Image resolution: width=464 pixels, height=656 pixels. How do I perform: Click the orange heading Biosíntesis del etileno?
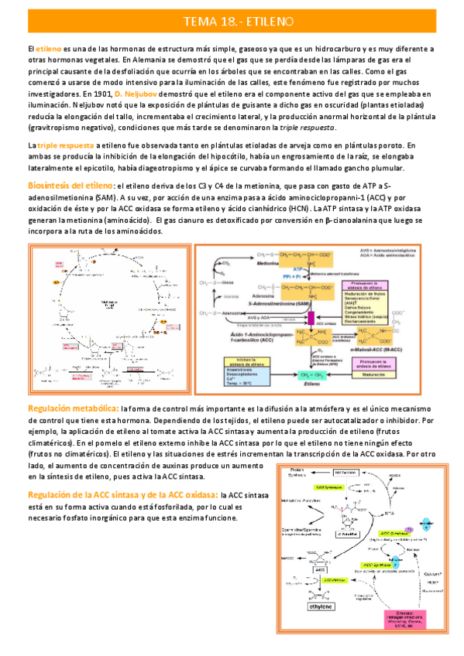click(70, 186)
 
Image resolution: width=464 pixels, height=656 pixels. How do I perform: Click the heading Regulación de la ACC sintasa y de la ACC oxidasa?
click(122, 473)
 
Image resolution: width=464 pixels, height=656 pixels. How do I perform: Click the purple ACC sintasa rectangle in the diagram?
click(310, 318)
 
